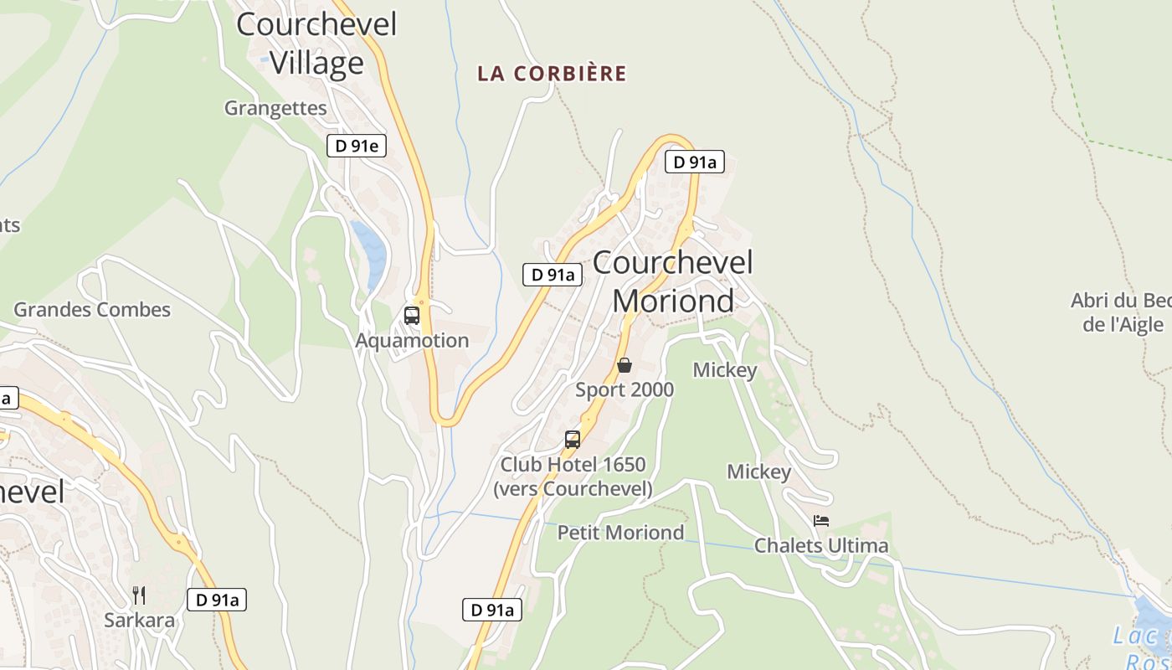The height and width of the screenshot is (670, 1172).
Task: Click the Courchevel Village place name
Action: [316, 43]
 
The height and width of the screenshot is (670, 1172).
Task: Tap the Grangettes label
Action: [275, 108]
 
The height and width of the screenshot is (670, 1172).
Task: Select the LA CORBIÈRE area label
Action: [552, 74]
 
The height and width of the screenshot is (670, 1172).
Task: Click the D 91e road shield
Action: [357, 147]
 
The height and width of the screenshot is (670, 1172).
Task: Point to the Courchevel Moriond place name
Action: [673, 281]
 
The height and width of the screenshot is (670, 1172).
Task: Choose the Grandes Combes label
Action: [92, 310]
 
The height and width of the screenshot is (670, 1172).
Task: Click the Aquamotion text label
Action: [412, 341]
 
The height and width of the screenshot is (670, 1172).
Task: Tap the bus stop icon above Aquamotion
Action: [412, 316]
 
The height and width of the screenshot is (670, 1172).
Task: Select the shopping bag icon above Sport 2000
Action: [624, 365]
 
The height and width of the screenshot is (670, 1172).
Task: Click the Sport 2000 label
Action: [625, 390]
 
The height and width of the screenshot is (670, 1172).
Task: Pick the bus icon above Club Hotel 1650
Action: [573, 440]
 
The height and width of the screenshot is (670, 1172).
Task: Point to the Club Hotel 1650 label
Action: [573, 476]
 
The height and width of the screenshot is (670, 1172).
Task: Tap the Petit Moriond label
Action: [620, 533]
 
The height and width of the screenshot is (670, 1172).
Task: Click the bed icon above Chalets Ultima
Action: [821, 521]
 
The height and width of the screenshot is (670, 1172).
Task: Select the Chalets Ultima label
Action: [821, 546]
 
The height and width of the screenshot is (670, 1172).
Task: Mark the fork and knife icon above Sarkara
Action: [139, 595]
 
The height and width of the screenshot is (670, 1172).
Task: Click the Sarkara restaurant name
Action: [140, 621]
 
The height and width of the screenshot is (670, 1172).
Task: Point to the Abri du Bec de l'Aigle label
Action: [1123, 312]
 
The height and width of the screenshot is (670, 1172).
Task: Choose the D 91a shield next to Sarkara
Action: [216, 600]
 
